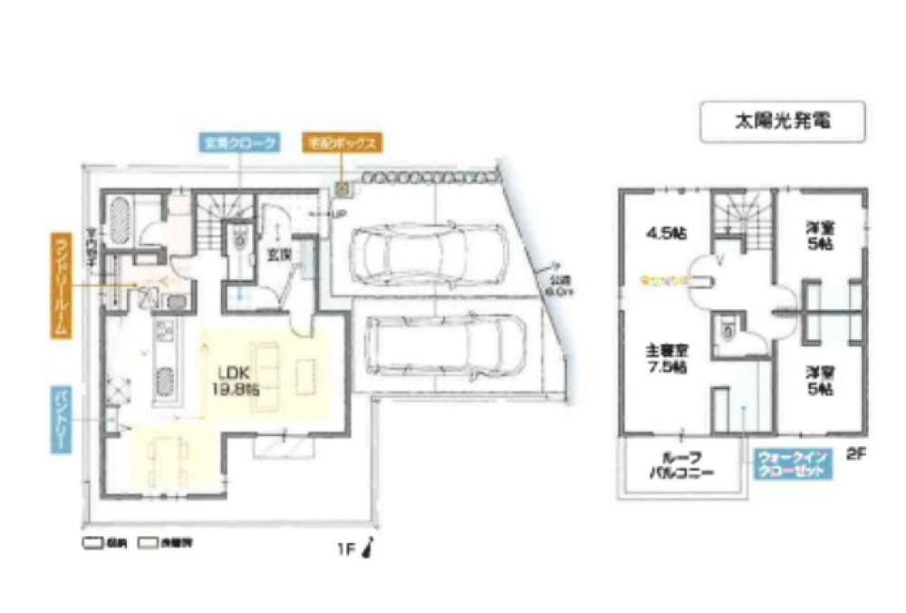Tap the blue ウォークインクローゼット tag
pyautogui.click(x=791, y=465)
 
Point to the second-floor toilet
pyautogui.click(x=725, y=330)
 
